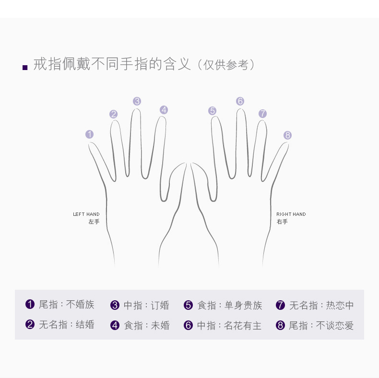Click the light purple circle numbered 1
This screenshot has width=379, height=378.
pos(89,134)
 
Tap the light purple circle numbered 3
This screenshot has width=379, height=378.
pos(137,101)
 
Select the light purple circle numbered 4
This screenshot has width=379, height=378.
pos(164,110)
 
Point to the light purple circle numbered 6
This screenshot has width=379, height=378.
pos(240,101)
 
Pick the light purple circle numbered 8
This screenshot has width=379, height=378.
pos(287,135)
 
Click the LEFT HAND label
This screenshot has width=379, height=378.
pos(86,214)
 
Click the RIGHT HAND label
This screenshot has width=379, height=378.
pos(291,214)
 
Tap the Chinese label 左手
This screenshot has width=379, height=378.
pos(94,222)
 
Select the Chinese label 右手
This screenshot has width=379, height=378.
pos(282,222)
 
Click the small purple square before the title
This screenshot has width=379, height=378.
pos(25,68)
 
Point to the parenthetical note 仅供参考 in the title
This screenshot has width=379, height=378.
pos(226,65)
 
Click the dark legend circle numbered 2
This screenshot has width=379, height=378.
pos(30,324)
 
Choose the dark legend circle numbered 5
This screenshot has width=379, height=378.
pos(188,305)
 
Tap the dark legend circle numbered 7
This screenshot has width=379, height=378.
pos(280,305)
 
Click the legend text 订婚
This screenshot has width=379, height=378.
pos(160,305)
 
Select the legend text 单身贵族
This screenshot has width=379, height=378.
pos(243,305)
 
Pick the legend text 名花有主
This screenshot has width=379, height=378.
pos(243,326)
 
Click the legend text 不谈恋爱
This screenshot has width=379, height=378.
pos(335,326)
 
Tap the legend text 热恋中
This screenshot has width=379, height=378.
pos(340,305)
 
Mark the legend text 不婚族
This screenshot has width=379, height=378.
pos(80,305)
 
